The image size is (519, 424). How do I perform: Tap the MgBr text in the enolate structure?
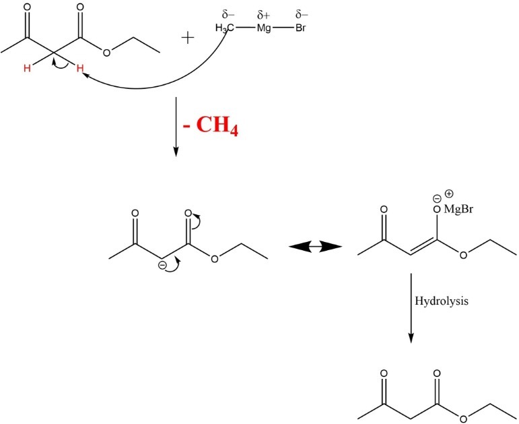[x=458, y=209]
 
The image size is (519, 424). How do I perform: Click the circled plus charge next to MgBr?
[x=448, y=194]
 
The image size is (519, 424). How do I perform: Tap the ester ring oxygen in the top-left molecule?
[x=107, y=52]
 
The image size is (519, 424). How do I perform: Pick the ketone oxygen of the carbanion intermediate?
[x=135, y=213]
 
